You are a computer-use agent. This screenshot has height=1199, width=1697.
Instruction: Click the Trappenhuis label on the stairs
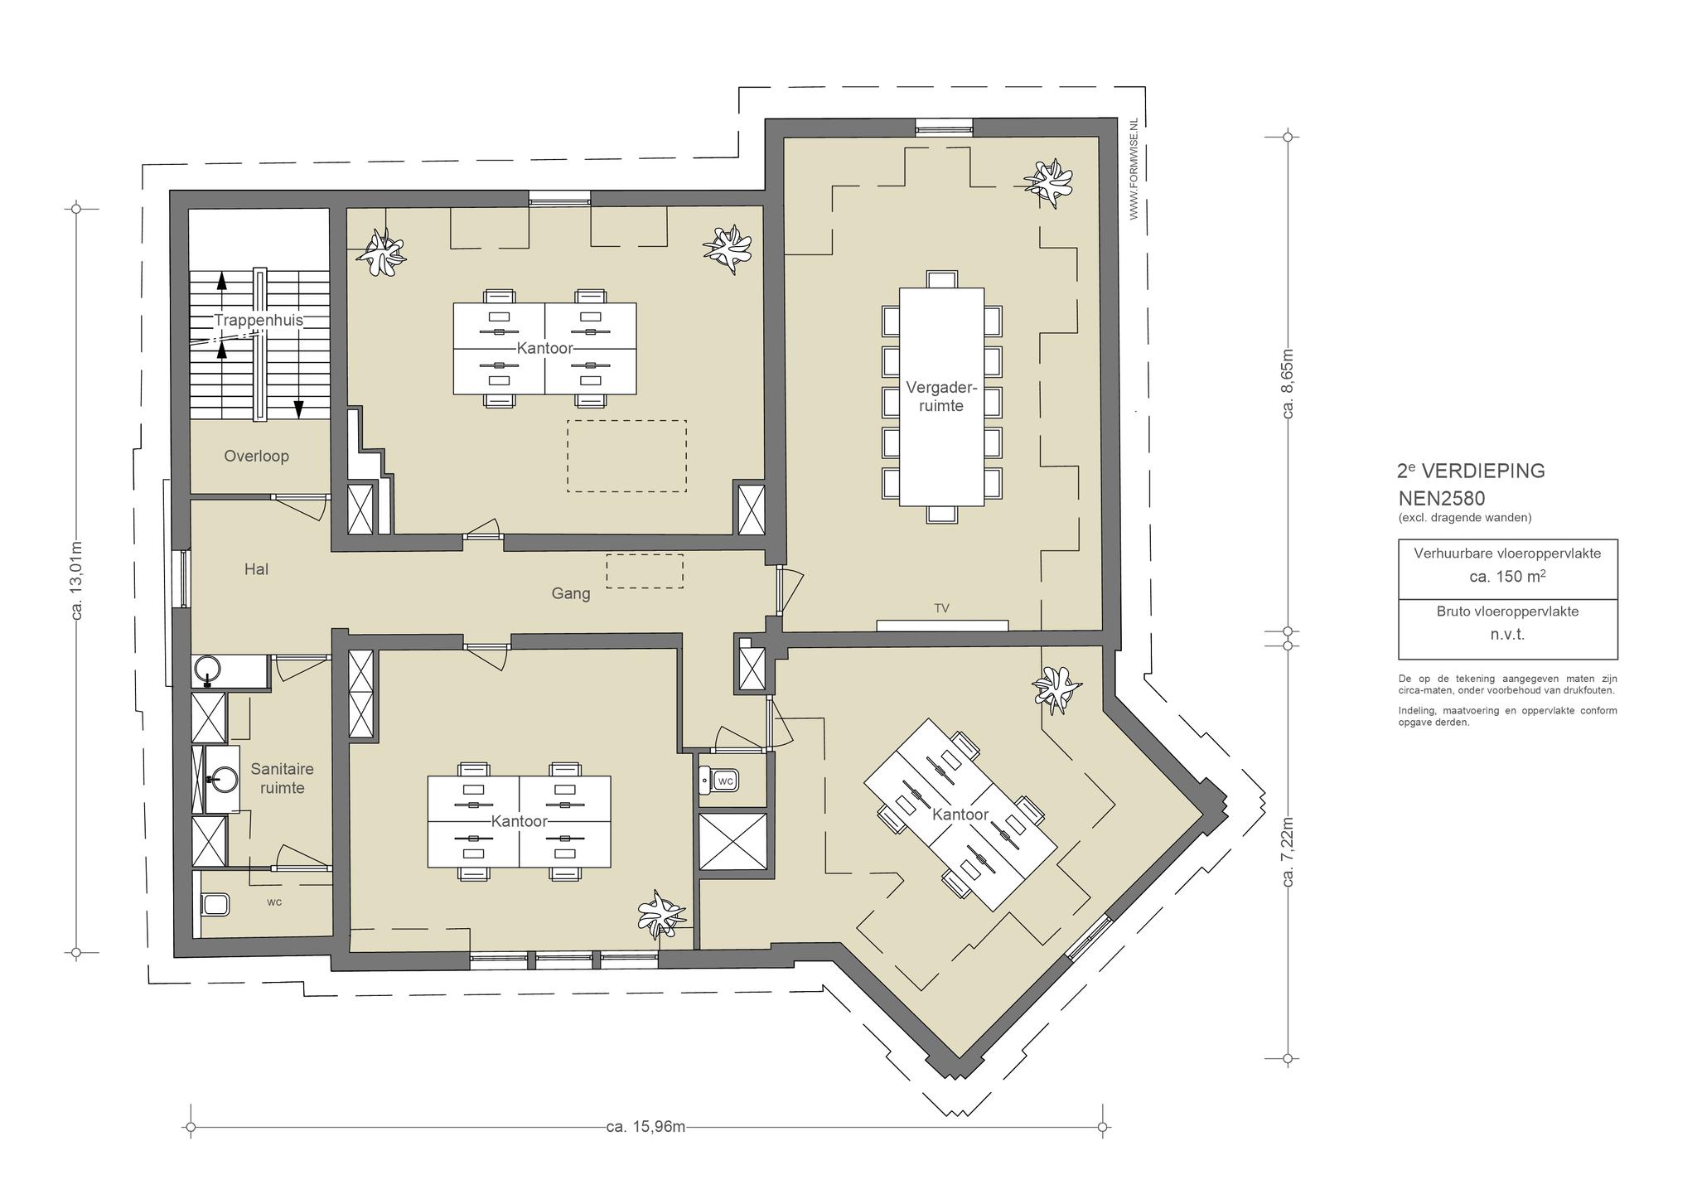[x=259, y=320]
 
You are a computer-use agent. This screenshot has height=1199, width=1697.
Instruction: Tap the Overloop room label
[x=256, y=456]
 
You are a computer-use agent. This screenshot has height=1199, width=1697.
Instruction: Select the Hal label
[x=256, y=569]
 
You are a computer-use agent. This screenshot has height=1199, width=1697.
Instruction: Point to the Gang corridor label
[x=571, y=593]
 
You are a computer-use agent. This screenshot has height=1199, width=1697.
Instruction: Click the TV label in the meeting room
[x=941, y=608]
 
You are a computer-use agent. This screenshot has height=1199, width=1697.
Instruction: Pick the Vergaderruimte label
[x=941, y=396]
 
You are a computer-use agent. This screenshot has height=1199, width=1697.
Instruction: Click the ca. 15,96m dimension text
[x=645, y=1127]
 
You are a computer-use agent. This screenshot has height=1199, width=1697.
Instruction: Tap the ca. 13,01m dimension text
[x=77, y=580]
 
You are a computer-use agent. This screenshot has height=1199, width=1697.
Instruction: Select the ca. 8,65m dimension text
[x=1288, y=383]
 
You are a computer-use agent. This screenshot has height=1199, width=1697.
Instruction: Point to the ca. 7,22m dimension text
[x=1288, y=853]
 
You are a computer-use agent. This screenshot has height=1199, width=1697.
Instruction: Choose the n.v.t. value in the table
[x=1507, y=635]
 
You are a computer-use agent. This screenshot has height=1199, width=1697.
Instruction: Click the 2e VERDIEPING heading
[x=1471, y=471]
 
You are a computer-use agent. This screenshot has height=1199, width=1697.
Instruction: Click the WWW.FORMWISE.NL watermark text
[x=1134, y=170]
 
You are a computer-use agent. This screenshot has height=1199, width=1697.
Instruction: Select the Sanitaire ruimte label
[x=282, y=778]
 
